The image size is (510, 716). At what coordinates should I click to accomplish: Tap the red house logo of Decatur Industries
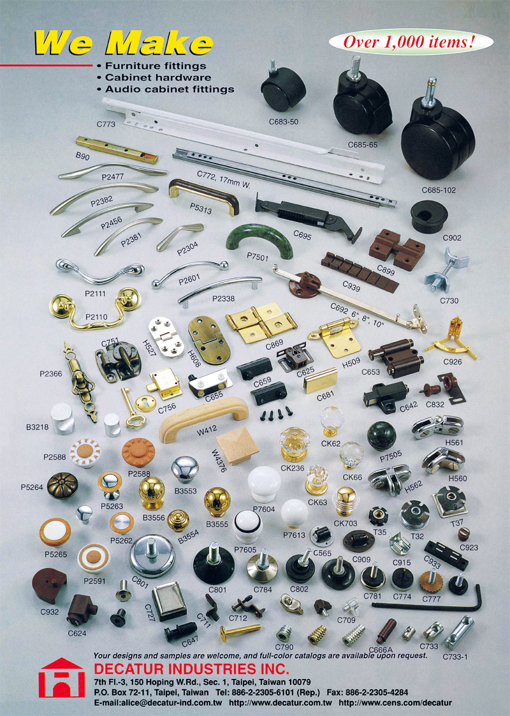tap(62, 677)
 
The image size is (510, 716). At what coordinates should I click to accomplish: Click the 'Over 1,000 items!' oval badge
tap(411, 43)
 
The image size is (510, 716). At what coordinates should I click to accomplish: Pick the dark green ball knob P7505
tap(382, 436)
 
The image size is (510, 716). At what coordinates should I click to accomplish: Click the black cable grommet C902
tap(429, 216)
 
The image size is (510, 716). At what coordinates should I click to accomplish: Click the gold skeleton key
tap(131, 408)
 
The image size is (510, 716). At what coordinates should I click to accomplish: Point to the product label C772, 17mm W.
tap(224, 179)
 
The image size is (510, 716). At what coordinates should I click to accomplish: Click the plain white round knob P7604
tap(264, 484)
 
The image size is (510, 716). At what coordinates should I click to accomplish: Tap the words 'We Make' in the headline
tap(123, 43)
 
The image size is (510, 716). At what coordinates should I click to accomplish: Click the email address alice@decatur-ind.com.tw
tap(158, 703)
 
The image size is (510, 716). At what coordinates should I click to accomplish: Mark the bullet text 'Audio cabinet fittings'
tap(170, 89)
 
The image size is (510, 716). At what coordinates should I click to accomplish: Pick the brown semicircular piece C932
tap(49, 585)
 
